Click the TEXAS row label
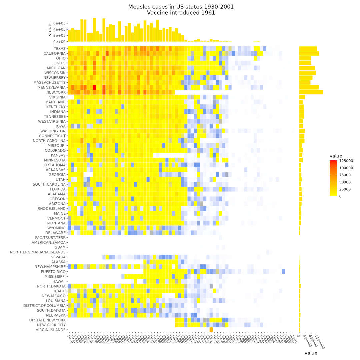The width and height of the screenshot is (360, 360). coord(59,48)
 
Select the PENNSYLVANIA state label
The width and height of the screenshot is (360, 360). coord(52,87)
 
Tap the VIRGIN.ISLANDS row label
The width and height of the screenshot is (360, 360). coord(51,330)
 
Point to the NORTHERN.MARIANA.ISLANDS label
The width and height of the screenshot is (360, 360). coord(38,252)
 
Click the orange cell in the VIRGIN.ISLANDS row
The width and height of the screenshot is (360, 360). coord(211,330)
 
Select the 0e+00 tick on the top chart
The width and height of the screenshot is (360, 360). coord(58,42)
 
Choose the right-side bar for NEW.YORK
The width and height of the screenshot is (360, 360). coord(311,92)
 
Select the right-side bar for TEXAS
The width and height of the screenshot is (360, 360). coord(308,48)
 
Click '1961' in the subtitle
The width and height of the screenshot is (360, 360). coord(208,13)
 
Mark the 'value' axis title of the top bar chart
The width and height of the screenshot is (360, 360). coord(50,29)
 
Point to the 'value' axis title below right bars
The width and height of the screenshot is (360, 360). coord(311,353)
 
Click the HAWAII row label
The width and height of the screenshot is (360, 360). coord(59,281)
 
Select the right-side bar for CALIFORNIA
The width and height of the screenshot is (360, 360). coord(309,53)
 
